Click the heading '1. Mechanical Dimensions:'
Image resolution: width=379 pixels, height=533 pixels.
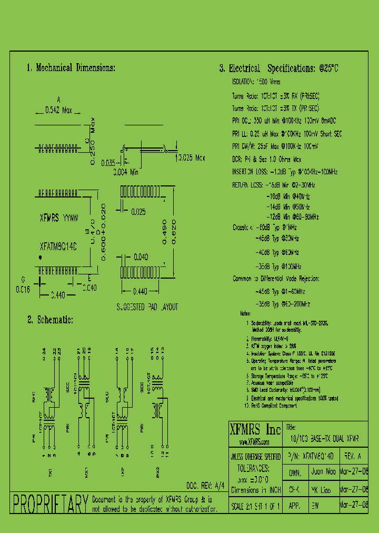[71, 68]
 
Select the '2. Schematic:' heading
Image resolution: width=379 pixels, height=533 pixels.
[51, 320]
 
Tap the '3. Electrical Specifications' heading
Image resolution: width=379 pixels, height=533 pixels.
[278, 68]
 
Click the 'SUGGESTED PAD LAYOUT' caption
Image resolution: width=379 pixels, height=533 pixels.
[147, 307]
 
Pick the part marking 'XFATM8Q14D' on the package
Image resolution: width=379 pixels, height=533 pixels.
[58, 246]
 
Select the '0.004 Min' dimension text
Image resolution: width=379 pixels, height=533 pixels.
[126, 171]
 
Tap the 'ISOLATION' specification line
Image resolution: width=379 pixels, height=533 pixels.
[256, 82]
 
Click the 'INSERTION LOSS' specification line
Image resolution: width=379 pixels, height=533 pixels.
[285, 172]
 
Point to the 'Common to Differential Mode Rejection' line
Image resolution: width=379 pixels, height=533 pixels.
[276, 279]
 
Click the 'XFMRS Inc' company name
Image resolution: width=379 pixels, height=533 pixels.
[255, 428]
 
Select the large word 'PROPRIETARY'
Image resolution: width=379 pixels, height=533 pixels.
[49, 505]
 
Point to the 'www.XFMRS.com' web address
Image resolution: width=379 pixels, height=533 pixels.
[255, 442]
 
